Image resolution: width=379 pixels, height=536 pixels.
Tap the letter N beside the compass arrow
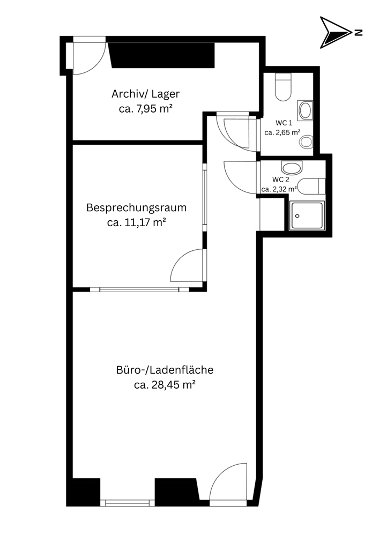[x=358, y=33]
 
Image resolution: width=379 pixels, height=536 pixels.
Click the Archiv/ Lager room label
[x=146, y=94]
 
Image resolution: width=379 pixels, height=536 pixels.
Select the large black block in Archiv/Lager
[x=162, y=55]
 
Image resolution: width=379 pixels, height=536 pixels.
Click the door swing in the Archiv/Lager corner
[x=90, y=57]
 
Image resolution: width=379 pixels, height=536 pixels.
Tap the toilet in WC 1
[x=283, y=87]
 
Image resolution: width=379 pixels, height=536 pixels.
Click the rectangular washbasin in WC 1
[x=305, y=110]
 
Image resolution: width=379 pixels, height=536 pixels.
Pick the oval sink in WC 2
[x=292, y=167]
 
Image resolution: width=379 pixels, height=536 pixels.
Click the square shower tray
[x=307, y=215]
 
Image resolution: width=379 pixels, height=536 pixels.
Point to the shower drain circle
[x=298, y=216]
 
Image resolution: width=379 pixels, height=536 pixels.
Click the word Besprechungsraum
[x=136, y=207]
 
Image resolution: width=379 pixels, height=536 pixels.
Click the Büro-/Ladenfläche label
[x=165, y=370]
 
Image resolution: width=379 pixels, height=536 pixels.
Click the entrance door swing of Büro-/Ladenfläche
[x=228, y=481]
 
